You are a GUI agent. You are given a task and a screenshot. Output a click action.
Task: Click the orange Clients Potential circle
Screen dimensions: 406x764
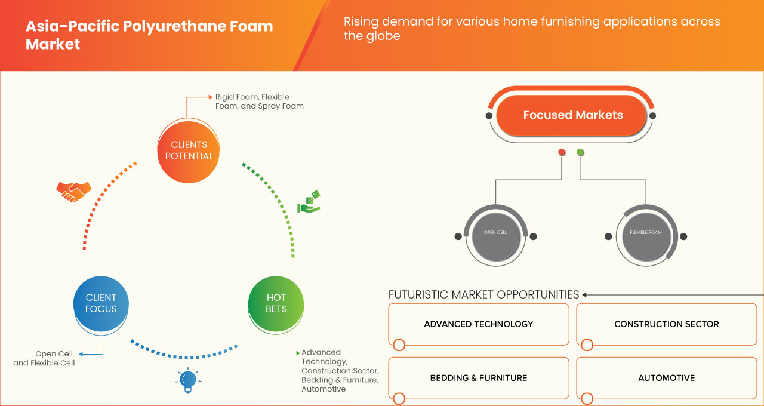(189, 150)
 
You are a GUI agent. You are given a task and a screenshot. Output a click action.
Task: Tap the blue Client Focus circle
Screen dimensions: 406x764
(101, 303)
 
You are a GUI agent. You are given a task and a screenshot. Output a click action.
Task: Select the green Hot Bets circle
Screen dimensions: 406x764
(276, 303)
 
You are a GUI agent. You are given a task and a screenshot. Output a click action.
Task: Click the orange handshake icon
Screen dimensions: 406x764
(73, 191)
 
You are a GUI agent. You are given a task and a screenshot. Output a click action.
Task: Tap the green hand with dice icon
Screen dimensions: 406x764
(309, 202)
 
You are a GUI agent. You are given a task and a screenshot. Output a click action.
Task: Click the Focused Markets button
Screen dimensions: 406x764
(572, 115)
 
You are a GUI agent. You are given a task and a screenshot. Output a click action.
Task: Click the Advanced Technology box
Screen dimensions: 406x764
(479, 324)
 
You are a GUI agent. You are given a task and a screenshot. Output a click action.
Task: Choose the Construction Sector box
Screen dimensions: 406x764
(666, 324)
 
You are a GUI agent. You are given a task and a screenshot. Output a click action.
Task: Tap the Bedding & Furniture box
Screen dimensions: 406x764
(479, 378)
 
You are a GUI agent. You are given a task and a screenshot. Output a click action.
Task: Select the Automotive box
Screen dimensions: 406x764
(666, 378)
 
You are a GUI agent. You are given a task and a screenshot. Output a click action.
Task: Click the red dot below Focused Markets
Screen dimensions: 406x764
(562, 153)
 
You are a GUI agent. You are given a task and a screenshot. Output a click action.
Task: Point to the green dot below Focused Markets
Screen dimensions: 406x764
(580, 153)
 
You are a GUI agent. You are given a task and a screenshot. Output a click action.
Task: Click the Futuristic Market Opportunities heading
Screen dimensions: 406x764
(483, 294)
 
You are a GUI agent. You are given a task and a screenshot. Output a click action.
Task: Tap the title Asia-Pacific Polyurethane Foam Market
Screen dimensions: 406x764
(149, 35)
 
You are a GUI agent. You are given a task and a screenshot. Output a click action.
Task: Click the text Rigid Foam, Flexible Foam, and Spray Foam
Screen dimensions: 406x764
(259, 101)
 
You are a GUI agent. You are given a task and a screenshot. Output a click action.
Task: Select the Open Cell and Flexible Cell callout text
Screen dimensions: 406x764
(44, 358)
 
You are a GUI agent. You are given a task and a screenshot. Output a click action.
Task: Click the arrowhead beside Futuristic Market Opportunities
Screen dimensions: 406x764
(585, 294)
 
